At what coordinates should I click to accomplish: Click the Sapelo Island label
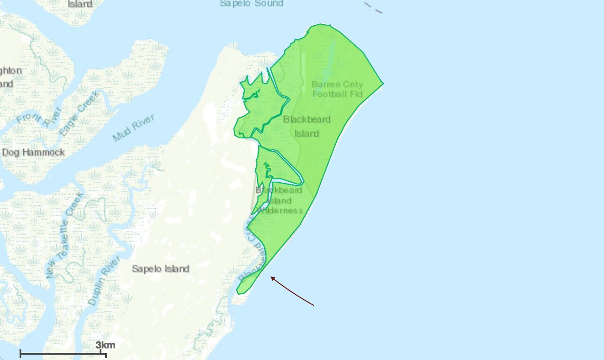coord(161,268)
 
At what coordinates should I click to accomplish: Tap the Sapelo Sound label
coord(251,4)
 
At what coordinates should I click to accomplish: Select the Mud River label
coord(134,128)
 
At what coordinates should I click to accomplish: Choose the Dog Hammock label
coord(33,152)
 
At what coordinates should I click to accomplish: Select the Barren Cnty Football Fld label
coord(337,89)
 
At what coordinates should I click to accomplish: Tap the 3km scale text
coord(105,345)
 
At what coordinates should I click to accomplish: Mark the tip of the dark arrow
coord(271,277)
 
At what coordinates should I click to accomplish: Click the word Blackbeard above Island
coord(307,119)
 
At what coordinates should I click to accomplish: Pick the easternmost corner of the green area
coord(383,83)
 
